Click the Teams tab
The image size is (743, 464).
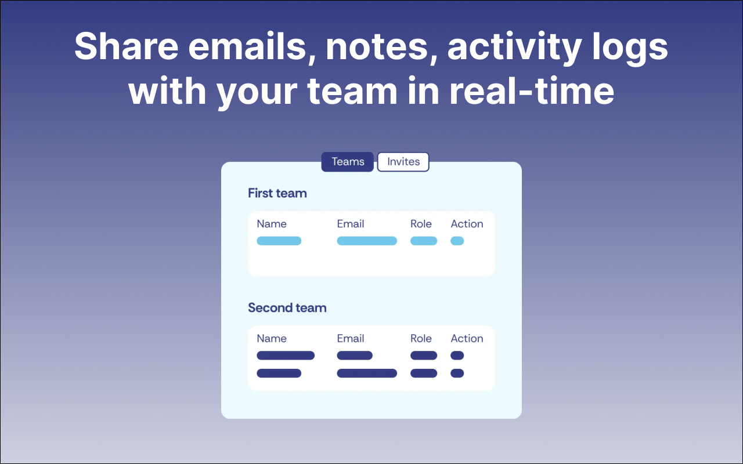pyautogui.click(x=347, y=162)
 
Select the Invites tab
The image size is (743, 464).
pyautogui.click(x=403, y=162)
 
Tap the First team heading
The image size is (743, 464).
pyautogui.click(x=277, y=193)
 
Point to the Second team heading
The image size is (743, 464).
pyautogui.click(x=287, y=308)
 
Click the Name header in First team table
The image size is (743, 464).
pyautogui.click(x=272, y=224)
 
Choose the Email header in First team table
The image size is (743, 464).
pyautogui.click(x=351, y=224)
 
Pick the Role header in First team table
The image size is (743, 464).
pyautogui.click(x=421, y=224)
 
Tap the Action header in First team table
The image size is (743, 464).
pyautogui.click(x=467, y=224)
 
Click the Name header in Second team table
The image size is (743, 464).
pyautogui.click(x=272, y=338)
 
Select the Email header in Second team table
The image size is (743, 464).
pyautogui.click(x=351, y=338)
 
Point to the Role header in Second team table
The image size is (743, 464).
pyautogui.click(x=421, y=338)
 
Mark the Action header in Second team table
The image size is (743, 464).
pyautogui.click(x=467, y=338)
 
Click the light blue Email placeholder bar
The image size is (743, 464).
pyautogui.click(x=367, y=241)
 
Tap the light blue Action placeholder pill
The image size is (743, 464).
pyautogui.click(x=457, y=241)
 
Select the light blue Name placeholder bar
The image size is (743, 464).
pyautogui.click(x=279, y=241)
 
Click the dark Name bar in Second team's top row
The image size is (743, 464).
pyautogui.click(x=286, y=356)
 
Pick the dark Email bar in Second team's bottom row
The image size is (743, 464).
pyautogui.click(x=367, y=374)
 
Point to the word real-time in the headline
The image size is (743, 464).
pyautogui.click(x=531, y=91)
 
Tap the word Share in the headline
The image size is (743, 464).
pyautogui.click(x=127, y=46)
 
